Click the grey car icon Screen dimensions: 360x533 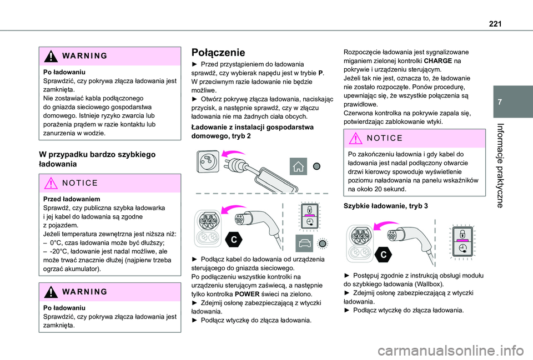pos(304,243)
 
